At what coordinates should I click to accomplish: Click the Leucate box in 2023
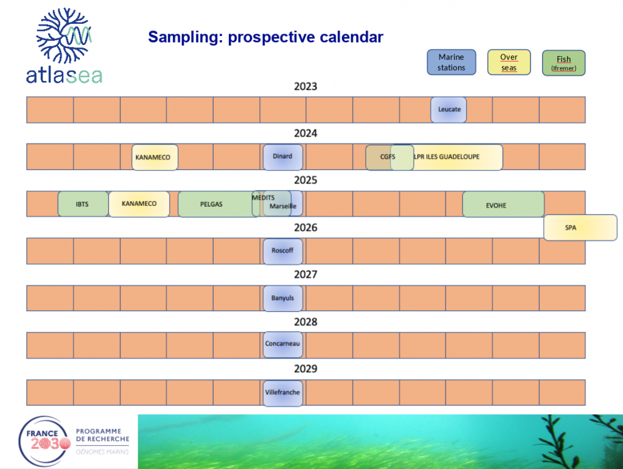tap(448, 110)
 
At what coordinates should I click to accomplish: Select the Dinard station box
tap(282, 157)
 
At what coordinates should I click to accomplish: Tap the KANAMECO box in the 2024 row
tap(155, 157)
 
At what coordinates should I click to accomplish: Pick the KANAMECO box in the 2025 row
tap(139, 204)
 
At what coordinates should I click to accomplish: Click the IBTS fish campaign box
tap(83, 204)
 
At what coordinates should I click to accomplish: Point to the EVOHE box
tap(503, 205)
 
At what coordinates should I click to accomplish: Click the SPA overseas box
tap(580, 228)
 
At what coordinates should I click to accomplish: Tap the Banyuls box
tap(282, 298)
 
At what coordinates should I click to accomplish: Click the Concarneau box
tap(282, 345)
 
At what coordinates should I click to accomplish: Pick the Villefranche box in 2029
tap(282, 393)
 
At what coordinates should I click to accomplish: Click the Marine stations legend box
tap(451, 63)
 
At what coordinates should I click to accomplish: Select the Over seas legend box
tap(509, 63)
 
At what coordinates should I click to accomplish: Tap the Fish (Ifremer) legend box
tap(564, 63)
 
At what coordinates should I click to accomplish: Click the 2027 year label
tap(305, 275)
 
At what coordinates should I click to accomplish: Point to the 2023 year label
tap(305, 86)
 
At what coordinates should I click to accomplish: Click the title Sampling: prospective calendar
tap(265, 37)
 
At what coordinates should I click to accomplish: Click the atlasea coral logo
tap(64, 45)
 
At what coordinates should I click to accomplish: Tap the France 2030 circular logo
tap(44, 442)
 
